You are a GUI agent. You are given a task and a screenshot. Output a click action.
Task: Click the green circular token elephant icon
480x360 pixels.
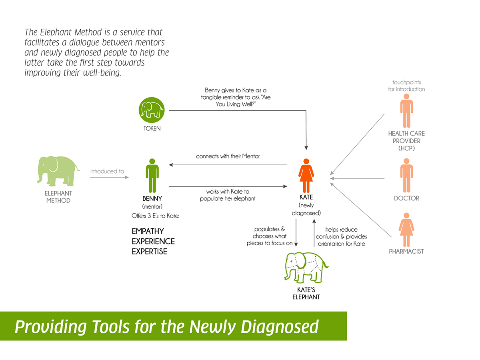151,110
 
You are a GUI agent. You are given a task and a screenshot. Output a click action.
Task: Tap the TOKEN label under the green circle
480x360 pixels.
152,128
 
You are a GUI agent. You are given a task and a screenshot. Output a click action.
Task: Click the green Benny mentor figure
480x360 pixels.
152,176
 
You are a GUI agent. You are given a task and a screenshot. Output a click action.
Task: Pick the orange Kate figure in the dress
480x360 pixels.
306,176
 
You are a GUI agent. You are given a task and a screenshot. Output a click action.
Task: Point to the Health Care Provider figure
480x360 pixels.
406,111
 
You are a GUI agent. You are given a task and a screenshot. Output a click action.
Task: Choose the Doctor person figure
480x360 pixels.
406,175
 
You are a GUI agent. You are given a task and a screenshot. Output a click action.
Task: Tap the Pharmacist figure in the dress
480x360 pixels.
406,230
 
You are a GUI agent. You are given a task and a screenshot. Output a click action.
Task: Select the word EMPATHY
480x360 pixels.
148,231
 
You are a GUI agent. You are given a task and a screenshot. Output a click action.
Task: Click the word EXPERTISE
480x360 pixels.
149,251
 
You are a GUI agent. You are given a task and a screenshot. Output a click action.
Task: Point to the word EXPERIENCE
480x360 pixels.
153,241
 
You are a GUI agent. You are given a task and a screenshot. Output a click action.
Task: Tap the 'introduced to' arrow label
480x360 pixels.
107,171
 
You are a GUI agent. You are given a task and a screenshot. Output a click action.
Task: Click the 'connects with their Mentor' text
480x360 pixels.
228,156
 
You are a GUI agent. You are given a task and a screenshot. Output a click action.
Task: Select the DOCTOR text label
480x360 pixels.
406,198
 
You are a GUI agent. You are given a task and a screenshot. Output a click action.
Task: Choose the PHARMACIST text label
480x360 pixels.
406,251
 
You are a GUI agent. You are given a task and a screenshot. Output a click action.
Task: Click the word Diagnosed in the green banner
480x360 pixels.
280,327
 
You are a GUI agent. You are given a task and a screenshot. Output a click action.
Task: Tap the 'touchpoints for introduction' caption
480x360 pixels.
406,86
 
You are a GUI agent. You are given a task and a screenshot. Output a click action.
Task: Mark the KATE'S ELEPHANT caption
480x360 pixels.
306,293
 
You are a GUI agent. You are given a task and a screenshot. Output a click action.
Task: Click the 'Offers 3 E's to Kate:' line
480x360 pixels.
155,216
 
